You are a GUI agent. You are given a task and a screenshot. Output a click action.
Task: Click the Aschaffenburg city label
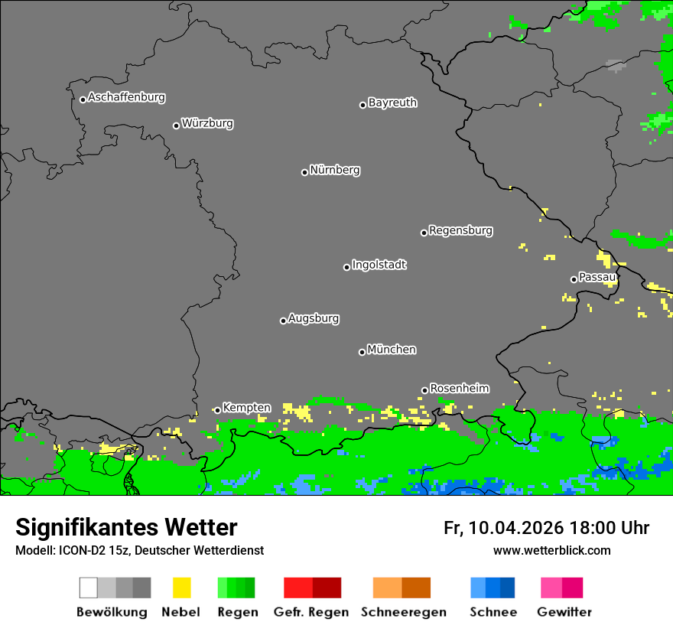[x=126, y=98]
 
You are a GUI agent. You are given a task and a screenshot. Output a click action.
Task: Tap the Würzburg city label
[x=207, y=124]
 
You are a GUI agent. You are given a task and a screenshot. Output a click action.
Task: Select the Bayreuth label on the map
[x=392, y=103]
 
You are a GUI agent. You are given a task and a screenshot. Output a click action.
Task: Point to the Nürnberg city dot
[x=304, y=172]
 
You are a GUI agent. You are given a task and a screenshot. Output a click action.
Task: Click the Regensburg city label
[x=460, y=231]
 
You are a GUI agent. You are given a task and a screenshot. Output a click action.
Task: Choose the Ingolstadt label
[x=379, y=265]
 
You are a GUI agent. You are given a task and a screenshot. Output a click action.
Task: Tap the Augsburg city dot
[x=283, y=321]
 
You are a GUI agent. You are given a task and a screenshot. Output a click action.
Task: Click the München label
[x=392, y=350]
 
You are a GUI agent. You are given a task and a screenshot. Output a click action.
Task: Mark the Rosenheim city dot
[x=424, y=390]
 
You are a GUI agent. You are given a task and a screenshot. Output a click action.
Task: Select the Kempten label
[x=246, y=409]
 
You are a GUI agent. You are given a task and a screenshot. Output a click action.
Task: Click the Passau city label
[x=597, y=278]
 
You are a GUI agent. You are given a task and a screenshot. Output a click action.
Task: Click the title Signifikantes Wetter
[x=126, y=528]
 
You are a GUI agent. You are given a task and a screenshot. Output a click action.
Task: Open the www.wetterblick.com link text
[x=551, y=551]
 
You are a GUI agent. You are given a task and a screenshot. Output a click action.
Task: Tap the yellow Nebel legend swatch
[x=181, y=588]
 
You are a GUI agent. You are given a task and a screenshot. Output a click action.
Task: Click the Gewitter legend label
[x=564, y=612]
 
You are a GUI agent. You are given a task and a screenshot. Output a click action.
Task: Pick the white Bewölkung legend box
[x=89, y=588]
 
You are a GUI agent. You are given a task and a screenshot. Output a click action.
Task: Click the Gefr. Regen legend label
[x=310, y=612]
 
